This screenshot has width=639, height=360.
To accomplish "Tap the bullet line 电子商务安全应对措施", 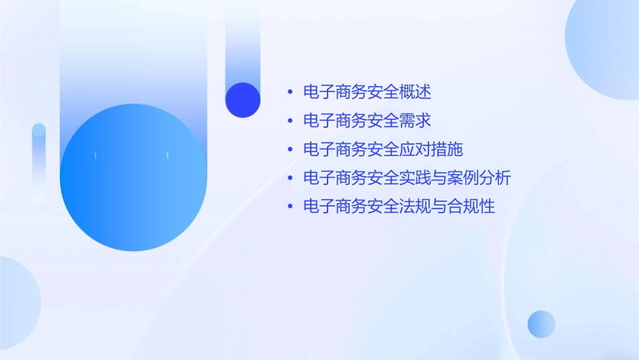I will point(383,149).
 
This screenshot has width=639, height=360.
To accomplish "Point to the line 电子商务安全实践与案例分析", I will point(407,178).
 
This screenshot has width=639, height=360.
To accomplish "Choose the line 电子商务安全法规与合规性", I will point(399,207).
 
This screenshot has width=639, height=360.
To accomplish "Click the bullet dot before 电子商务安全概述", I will point(290,92).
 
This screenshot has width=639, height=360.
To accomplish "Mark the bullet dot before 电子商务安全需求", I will point(290,121).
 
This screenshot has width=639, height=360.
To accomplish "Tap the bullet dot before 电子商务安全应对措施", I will point(290,149).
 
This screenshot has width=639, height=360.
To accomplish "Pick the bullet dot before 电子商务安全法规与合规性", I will point(290,207).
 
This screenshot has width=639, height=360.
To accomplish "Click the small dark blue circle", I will point(243,100).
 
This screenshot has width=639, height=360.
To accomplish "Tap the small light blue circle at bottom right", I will point(541,324).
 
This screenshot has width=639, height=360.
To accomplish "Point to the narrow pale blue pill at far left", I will point(39,161).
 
